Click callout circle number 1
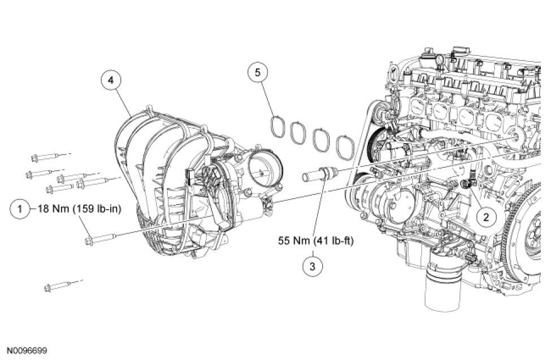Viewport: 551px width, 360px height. (20, 209)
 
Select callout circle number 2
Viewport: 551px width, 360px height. (486, 215)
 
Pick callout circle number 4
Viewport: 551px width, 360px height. (111, 80)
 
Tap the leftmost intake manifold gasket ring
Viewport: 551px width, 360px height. (278, 126)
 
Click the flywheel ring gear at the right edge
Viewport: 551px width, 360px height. (537, 237)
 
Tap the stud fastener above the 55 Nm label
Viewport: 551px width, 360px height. (320, 171)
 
